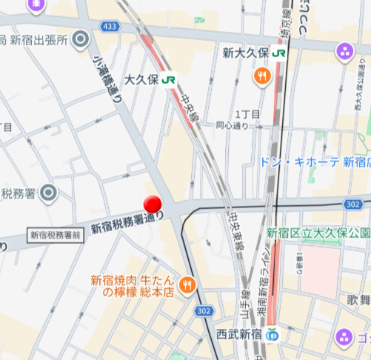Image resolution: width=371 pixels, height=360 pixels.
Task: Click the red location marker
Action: (x=153, y=204)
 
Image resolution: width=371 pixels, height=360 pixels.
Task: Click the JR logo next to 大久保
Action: (x=169, y=79)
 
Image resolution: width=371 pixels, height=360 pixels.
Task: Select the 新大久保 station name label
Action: (x=244, y=53)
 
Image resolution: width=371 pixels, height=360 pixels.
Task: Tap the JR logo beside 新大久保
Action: (x=279, y=53)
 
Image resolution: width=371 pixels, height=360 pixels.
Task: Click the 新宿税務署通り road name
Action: (x=125, y=220)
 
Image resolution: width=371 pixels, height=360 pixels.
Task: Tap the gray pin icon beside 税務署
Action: (x=49, y=194)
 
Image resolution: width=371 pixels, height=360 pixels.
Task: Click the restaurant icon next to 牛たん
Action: (x=188, y=282)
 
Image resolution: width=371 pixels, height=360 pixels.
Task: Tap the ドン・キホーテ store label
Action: (x=299, y=161)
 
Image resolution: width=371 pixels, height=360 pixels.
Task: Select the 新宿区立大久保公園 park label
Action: (x=318, y=233)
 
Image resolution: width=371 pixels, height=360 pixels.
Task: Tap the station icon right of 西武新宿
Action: (x=273, y=334)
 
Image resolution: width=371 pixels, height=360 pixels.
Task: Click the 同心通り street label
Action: (x=232, y=126)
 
